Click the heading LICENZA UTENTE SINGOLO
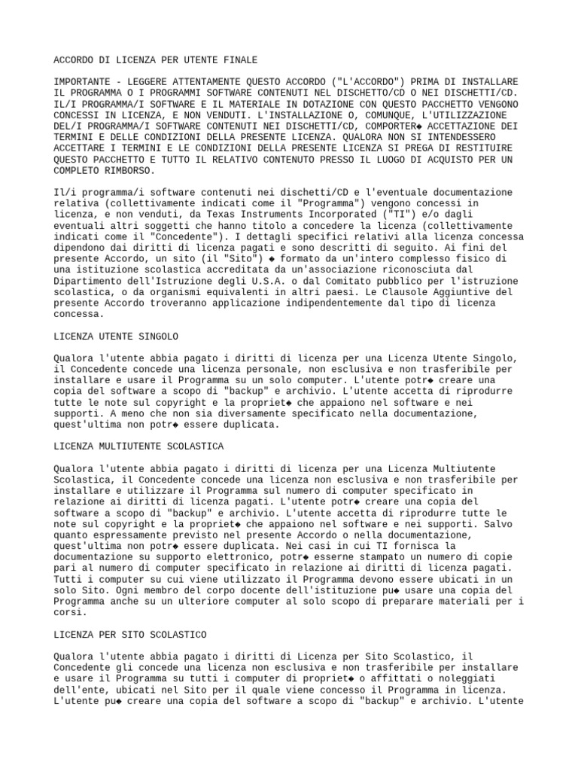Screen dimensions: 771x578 (116, 336)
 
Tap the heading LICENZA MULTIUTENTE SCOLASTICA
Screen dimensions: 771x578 (138, 446)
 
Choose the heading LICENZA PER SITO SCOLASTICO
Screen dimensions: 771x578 (130, 635)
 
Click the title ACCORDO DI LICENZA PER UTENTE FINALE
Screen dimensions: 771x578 (155, 59)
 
